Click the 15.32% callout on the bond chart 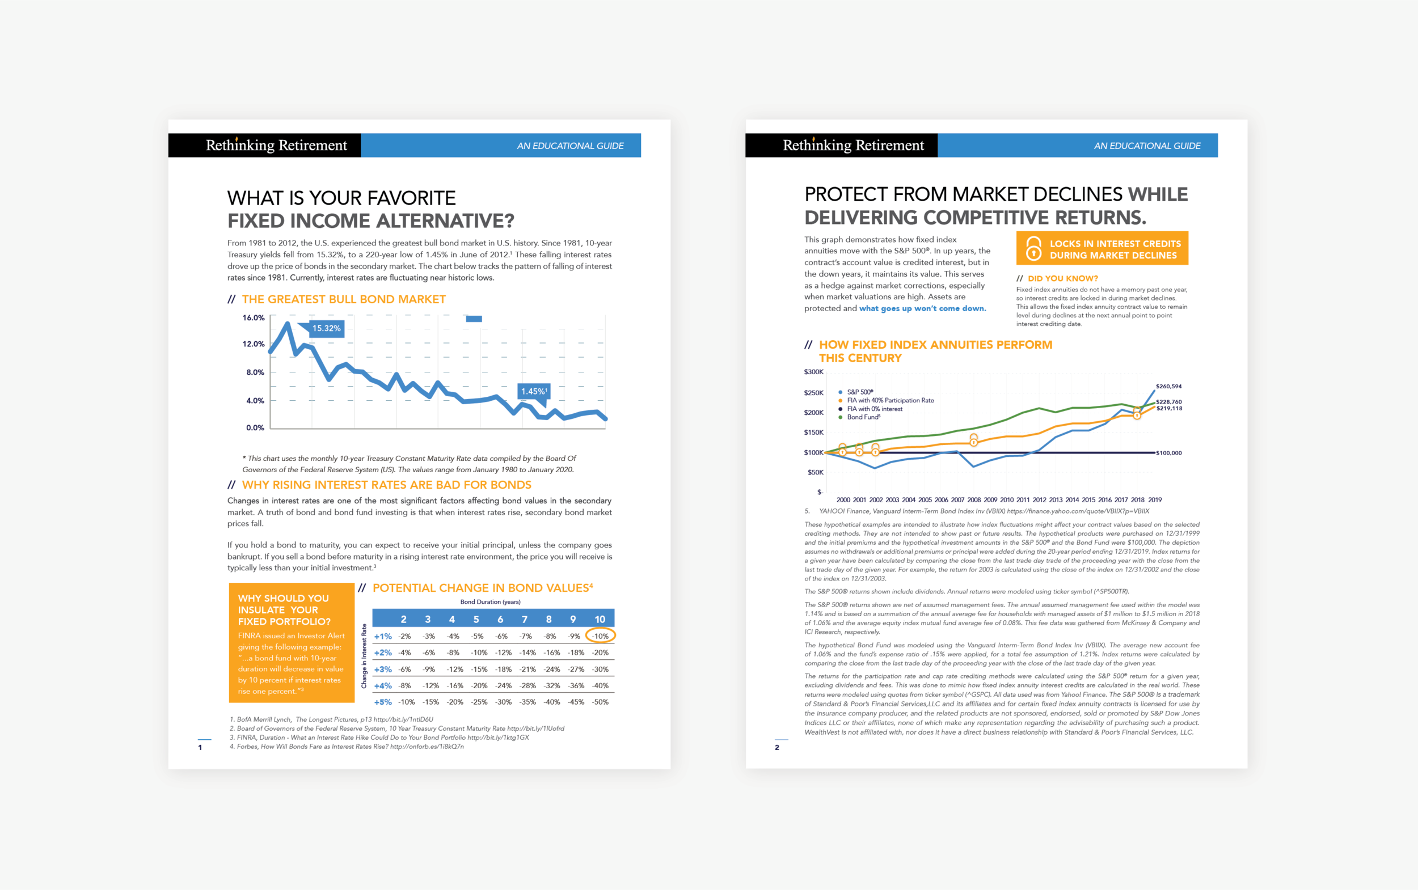(x=326, y=328)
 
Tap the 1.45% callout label (x=534, y=392)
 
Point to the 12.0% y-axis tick (x=253, y=344)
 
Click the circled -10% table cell (x=600, y=635)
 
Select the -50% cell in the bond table (x=600, y=702)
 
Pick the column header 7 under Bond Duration (x=524, y=619)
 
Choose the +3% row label (x=383, y=669)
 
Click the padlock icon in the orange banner (x=1033, y=248)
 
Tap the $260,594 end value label (x=1168, y=387)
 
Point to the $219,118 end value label (x=1169, y=409)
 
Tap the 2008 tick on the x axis (x=974, y=500)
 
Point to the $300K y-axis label (x=814, y=372)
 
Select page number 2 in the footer (x=776, y=748)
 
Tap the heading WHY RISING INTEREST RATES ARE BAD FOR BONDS (x=386, y=485)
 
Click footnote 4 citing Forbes (x=347, y=747)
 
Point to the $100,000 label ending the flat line (x=1169, y=454)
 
